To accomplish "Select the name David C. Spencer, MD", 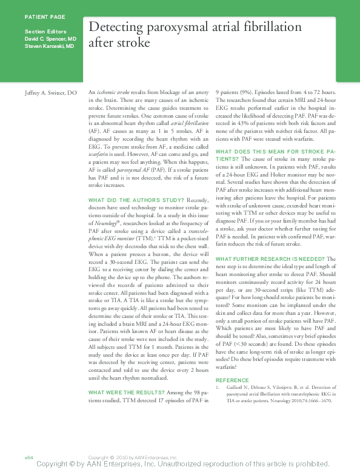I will tap(50, 38).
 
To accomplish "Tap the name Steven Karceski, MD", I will tap(50, 45).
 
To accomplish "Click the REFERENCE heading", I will tap(233, 380).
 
